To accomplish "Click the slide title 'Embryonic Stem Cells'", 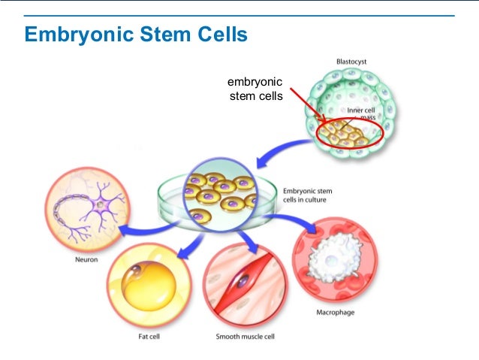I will tap(136, 35).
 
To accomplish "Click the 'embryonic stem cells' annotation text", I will tap(255, 89).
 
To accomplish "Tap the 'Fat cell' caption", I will tap(148, 337).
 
